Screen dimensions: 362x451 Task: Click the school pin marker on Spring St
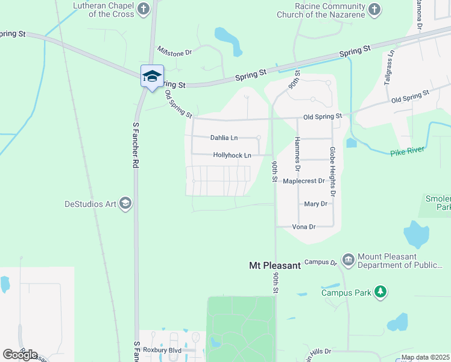(152, 76)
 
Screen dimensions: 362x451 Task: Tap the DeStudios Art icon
(125, 203)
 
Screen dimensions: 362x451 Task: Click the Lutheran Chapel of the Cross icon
(143, 8)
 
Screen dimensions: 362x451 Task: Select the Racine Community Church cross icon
(374, 9)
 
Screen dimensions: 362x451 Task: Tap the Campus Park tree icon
(380, 292)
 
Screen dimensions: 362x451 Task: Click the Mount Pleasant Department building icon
(348, 259)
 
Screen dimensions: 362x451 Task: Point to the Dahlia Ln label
(224, 138)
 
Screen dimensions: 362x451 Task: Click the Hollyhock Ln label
(232, 155)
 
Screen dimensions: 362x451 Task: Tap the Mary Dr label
(316, 204)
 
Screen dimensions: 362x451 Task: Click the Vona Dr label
(304, 227)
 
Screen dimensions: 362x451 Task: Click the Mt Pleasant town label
(274, 265)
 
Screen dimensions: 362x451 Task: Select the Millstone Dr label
(174, 52)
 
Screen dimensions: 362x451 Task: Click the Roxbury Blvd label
(162, 349)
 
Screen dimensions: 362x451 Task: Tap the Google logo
(20, 354)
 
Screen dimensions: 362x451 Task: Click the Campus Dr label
(320, 262)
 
